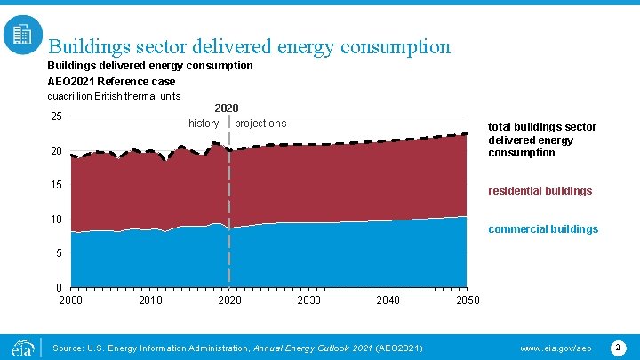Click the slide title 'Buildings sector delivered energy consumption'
click(249, 46)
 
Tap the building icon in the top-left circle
click(22, 35)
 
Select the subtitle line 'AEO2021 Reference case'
click(111, 81)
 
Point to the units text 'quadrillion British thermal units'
click(114, 96)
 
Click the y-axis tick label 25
click(56, 117)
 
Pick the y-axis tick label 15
click(56, 185)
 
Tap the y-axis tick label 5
click(59, 253)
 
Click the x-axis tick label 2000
click(71, 300)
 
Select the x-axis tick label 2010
click(150, 300)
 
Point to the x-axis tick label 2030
click(308, 300)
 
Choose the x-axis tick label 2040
click(388, 300)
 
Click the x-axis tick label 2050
click(468, 300)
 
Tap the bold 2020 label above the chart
click(227, 108)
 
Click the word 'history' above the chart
click(204, 124)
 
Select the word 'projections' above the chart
click(260, 124)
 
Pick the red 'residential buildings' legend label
click(540, 191)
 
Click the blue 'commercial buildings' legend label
click(543, 229)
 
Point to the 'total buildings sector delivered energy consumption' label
click(541, 140)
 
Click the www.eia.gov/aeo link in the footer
click(556, 347)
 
